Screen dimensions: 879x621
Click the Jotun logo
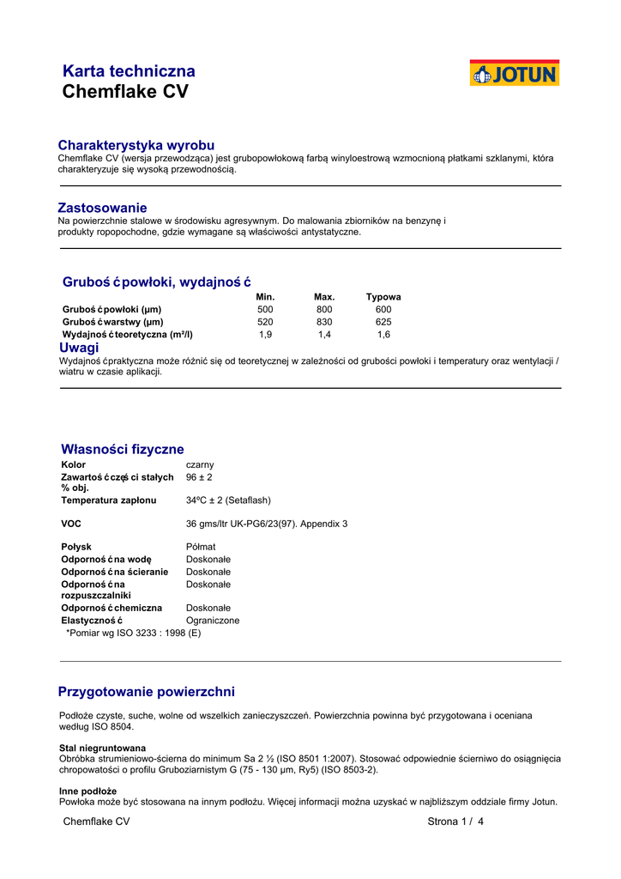point(514,73)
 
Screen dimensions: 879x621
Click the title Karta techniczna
point(129,71)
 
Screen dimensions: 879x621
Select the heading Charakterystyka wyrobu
point(136,145)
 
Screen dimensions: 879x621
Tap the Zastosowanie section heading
point(102,208)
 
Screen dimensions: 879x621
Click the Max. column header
point(324,297)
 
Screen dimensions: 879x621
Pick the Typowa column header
point(383,297)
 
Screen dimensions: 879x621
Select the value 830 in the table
point(324,322)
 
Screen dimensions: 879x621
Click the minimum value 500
point(265,309)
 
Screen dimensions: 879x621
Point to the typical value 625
point(383,322)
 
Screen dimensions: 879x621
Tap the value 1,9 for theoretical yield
point(265,335)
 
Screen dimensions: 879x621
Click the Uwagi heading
point(79,348)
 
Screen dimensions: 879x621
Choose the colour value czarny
point(200,464)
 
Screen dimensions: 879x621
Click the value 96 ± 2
point(199,477)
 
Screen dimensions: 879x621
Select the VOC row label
point(71,524)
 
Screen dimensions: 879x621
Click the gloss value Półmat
point(201,547)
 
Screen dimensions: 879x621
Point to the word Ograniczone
point(213,621)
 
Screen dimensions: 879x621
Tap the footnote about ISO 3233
point(133,633)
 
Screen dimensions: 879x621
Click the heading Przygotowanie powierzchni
point(146,692)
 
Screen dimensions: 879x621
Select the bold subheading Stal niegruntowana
point(102,748)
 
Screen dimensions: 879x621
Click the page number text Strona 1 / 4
point(455,821)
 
